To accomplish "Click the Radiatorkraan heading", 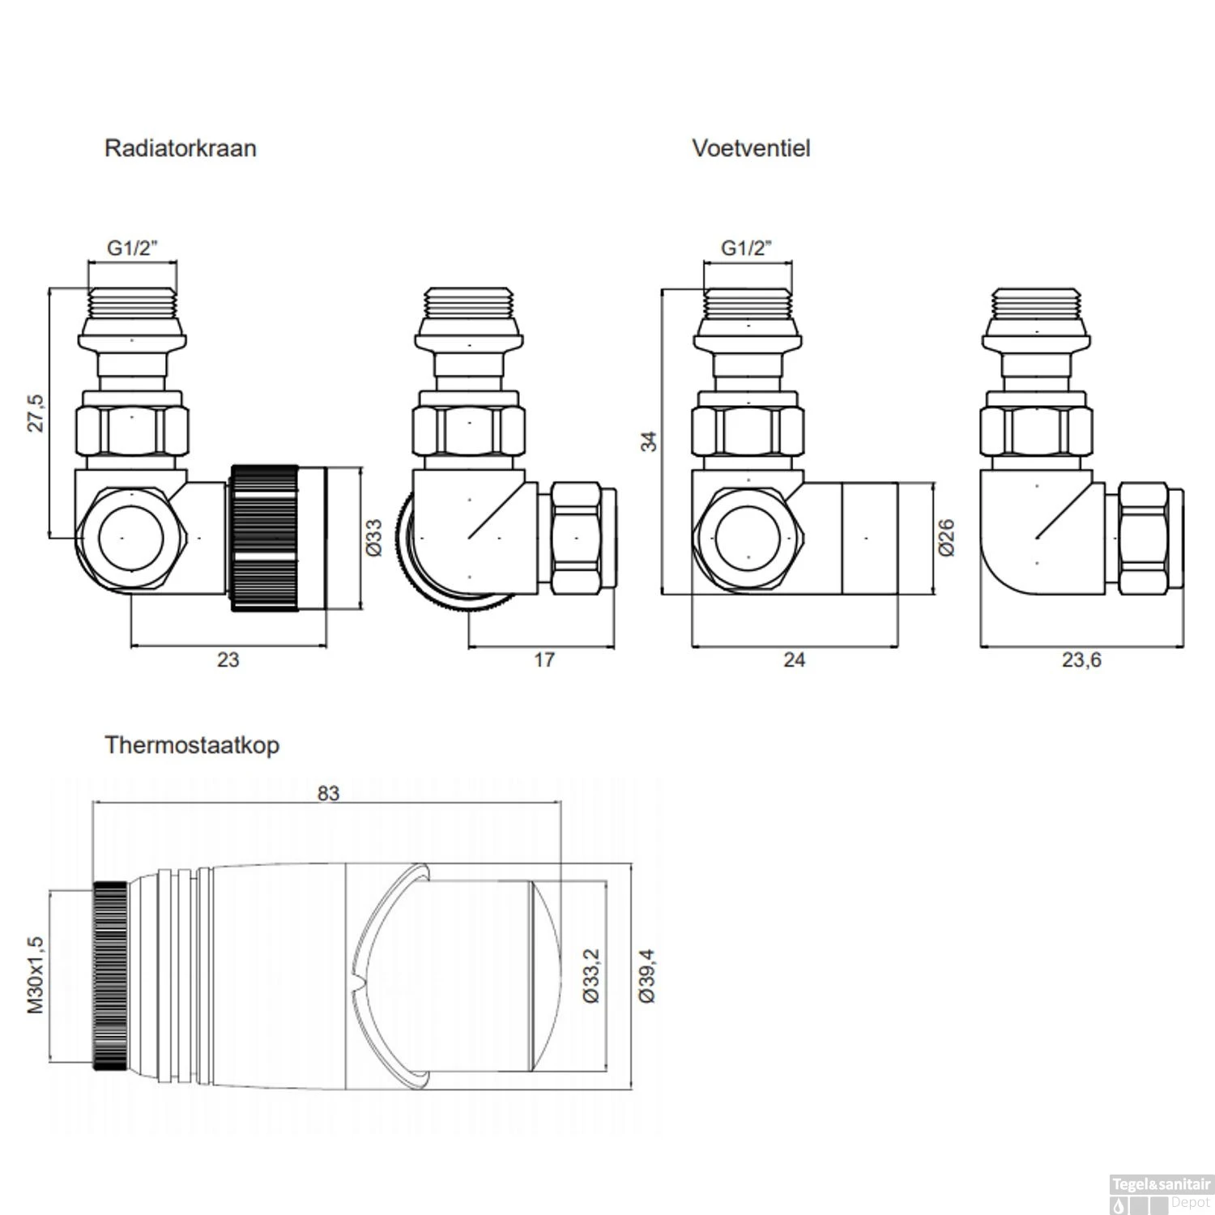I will click(180, 148).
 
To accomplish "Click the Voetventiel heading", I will click(750, 148).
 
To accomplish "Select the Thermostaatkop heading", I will click(191, 744).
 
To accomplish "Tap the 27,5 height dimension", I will click(36, 413).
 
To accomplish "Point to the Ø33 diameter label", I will click(373, 538).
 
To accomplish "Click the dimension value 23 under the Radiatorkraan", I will click(228, 659).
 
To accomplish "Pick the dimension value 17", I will click(544, 659).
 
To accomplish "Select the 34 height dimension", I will click(649, 441).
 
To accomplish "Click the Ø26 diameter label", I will click(946, 538).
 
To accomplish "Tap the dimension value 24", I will click(794, 659).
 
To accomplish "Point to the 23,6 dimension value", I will click(1081, 659).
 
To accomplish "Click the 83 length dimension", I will click(328, 793).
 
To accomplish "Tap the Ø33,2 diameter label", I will click(591, 976).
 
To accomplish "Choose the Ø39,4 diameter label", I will click(646, 976).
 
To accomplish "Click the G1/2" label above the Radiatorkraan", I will click(132, 248).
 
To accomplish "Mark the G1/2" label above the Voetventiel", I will click(747, 248).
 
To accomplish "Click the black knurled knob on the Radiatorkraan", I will click(265, 538).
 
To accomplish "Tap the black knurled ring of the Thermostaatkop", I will click(110, 975).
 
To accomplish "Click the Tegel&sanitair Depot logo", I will click(1160, 1193).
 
